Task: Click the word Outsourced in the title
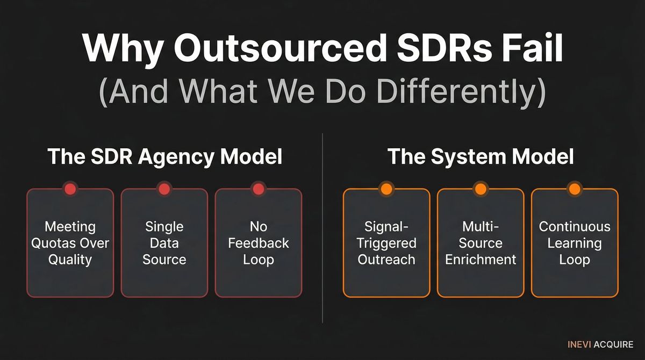pyautogui.click(x=280, y=49)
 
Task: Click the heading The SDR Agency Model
pyautogui.click(x=164, y=157)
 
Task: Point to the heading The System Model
pyautogui.click(x=481, y=157)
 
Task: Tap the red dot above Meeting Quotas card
pyautogui.click(x=70, y=189)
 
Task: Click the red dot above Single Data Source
pyautogui.click(x=164, y=189)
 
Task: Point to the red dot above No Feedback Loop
pyautogui.click(x=258, y=189)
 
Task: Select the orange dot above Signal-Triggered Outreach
pyautogui.click(x=386, y=189)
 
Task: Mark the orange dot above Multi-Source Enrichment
pyautogui.click(x=480, y=189)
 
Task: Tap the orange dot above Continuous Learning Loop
pyautogui.click(x=574, y=189)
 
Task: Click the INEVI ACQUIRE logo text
pyautogui.click(x=600, y=344)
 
